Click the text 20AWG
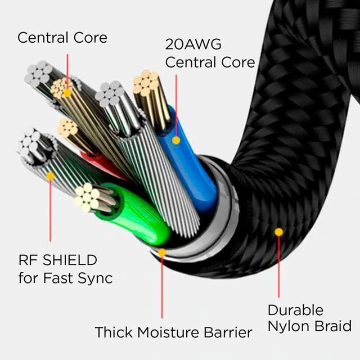click(193, 44)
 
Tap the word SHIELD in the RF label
click(70, 260)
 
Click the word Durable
click(295, 310)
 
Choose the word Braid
click(333, 326)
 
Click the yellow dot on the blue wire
click(176, 140)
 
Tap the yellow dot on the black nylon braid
click(279, 232)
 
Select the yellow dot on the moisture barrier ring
click(162, 253)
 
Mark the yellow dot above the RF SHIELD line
click(50, 176)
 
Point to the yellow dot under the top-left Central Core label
click(67, 93)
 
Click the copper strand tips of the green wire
click(87, 197)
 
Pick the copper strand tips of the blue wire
click(146, 83)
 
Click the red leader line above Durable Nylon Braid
click(279, 267)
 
